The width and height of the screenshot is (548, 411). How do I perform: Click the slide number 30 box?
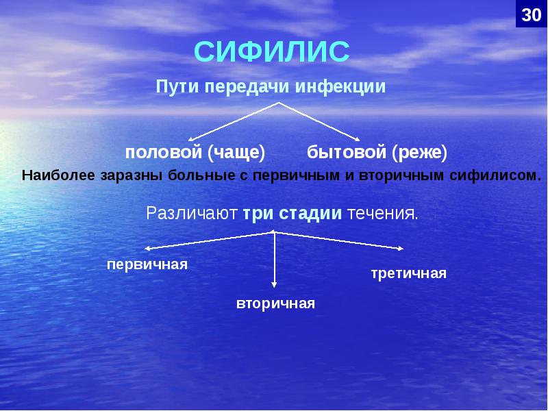coord(531,14)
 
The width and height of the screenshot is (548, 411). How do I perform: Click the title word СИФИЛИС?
coord(272,53)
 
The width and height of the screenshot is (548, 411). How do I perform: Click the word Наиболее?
coord(59,175)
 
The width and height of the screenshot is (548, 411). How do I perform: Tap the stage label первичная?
coord(147,264)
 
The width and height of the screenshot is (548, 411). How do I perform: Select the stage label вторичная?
coord(275,303)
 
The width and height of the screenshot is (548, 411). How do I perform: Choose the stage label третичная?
coord(408,274)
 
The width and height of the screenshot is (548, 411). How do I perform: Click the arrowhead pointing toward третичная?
coord(401,248)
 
